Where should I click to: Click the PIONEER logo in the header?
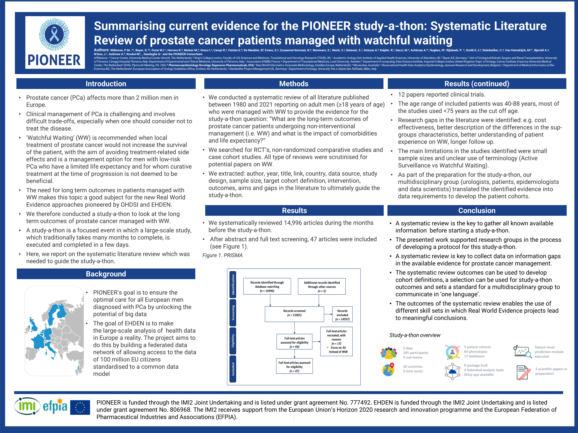[55, 42]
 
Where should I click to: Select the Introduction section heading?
[106, 84]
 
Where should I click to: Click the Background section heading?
[106, 274]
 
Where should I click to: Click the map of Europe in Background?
[54, 331]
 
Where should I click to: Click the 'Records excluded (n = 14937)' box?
[342, 315]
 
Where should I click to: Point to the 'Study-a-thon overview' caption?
[415, 335]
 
